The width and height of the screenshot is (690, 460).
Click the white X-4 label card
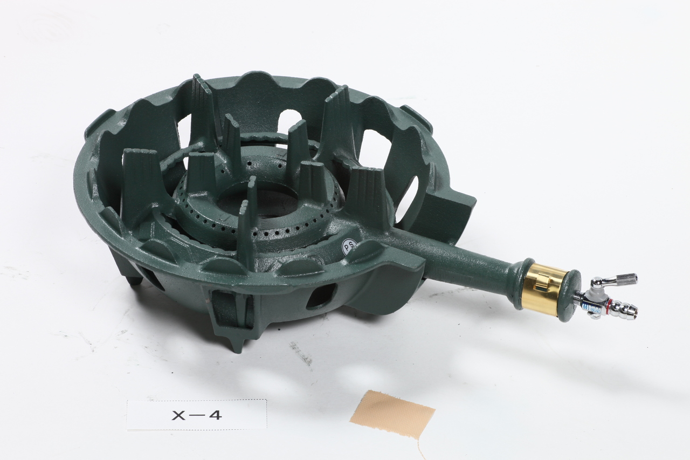(x=197, y=414)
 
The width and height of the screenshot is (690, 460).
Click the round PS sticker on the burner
(x=350, y=246)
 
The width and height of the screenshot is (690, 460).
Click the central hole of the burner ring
(x=266, y=202)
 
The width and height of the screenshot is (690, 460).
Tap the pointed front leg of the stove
(x=236, y=342)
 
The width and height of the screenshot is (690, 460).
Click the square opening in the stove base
(x=320, y=297)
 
